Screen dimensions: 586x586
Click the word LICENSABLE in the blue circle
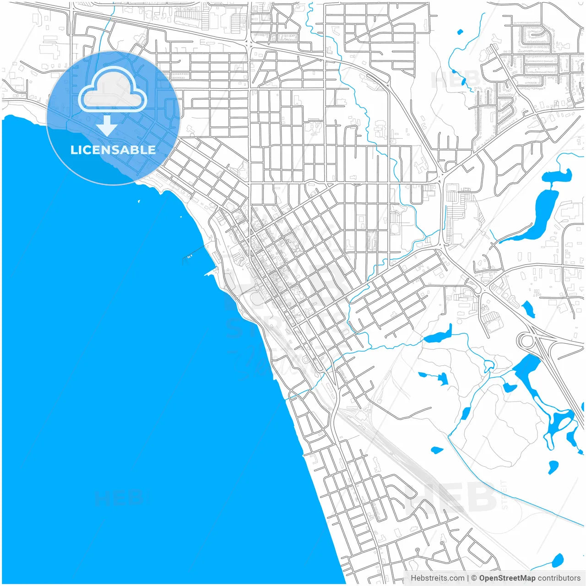coord(113,150)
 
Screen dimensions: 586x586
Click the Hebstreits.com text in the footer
coord(437,578)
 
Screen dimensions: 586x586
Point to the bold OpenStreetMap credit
coord(507,578)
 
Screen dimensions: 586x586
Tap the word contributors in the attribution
coord(559,578)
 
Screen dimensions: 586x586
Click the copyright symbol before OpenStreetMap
coord(474,578)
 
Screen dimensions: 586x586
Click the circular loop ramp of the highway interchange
coord(524,341)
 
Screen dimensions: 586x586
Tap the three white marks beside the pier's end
coord(189,257)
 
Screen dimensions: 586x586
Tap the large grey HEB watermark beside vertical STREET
coord(451,497)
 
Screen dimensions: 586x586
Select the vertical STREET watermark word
coord(505,494)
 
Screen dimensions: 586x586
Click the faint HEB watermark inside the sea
coord(120,498)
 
